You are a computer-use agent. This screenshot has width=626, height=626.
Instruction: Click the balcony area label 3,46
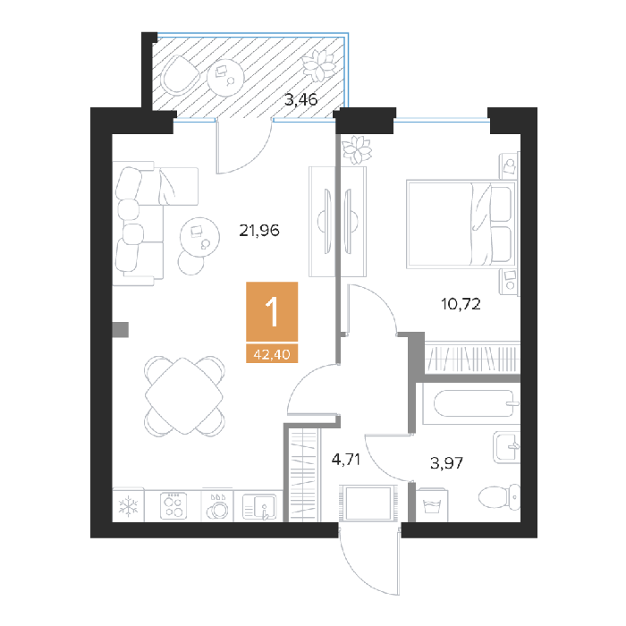coord(301,99)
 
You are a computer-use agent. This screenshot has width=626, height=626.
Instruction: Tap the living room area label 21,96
coord(259,231)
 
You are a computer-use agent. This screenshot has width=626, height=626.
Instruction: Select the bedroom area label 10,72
coord(461,304)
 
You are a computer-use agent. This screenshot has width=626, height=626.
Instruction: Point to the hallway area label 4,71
coord(346,460)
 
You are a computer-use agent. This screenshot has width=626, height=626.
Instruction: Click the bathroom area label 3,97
coord(447,463)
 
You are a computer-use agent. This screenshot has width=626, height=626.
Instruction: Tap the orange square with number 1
coord(272,312)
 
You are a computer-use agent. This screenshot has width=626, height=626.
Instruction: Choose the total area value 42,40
coord(272,354)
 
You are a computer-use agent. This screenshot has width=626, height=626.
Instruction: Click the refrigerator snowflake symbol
coord(128,506)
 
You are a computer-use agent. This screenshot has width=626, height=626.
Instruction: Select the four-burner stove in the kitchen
coord(173,506)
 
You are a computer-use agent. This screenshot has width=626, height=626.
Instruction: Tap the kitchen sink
coord(259,507)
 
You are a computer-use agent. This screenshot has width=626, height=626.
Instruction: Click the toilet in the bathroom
coord(499,497)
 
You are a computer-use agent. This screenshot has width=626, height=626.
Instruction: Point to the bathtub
coord(471,403)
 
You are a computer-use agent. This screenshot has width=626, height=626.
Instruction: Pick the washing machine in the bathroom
coord(432,505)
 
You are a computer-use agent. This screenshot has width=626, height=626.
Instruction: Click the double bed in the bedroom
coord(461,224)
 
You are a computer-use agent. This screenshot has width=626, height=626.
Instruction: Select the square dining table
coord(184,395)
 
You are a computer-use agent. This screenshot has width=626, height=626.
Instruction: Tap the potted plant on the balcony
coord(318,65)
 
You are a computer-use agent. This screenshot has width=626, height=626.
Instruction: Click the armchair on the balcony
coord(179,75)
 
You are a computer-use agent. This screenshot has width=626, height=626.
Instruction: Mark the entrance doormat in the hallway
coord(368,503)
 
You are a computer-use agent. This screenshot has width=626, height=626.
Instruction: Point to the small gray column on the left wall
coord(120,330)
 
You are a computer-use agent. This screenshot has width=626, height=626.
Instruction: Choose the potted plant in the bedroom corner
coord(357,149)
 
